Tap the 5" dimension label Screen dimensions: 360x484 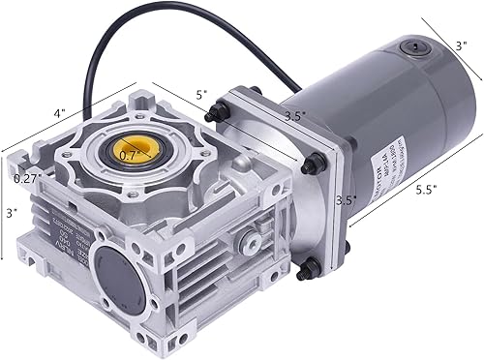[201, 95]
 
